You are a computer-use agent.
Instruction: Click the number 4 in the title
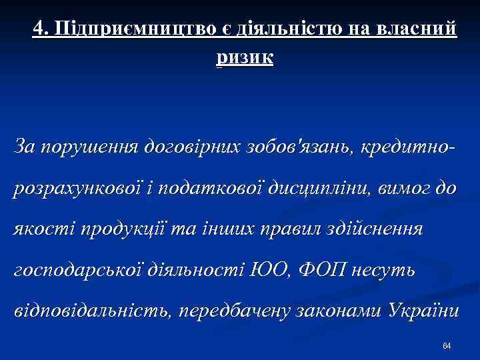(x=38, y=28)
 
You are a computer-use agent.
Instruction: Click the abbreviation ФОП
(x=321, y=271)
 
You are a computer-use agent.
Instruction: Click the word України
(x=421, y=312)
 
